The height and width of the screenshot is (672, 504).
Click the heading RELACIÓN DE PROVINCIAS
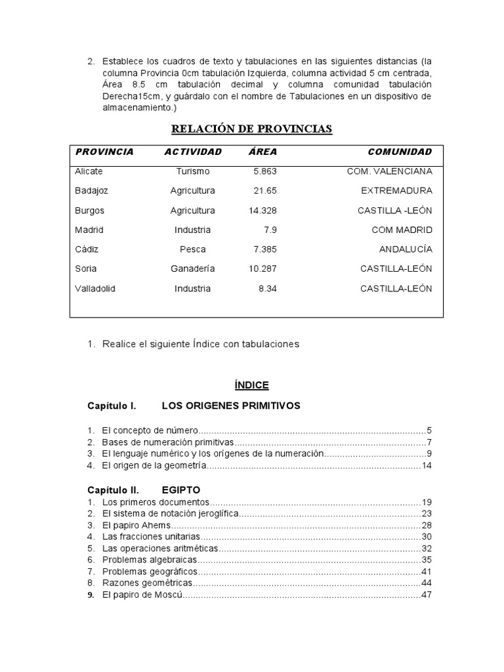pos(251,129)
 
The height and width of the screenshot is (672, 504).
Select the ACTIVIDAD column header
pos(193,152)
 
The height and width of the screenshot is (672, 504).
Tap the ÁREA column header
pos(263,152)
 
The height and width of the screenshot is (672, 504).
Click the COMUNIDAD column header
pos(400,152)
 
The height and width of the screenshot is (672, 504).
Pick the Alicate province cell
pos(89,171)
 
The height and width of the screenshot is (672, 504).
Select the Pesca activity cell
pos(192,249)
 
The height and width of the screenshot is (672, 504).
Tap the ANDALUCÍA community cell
pos(406,249)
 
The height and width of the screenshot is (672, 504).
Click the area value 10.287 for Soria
pos(263,269)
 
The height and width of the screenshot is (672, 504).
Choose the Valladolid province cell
pos(95,289)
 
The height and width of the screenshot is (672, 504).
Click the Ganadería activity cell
pos(192,269)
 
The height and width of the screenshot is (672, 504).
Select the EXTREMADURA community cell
pos(396,191)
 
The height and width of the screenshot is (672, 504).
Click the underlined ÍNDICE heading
pos(251,385)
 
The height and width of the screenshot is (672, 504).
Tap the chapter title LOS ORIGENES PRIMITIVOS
pos(230,406)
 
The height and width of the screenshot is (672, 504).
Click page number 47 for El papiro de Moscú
pos(427,595)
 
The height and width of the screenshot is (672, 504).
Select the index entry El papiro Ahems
pos(136,526)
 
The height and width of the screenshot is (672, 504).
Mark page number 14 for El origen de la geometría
pos(427,466)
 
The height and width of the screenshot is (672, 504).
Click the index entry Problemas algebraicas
pos(150,560)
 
